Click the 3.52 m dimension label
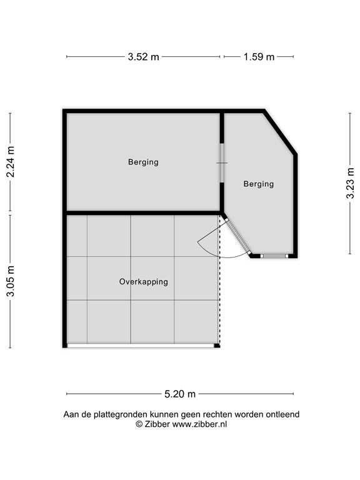point(143,57)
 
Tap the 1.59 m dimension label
point(259,57)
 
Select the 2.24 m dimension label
point(11,162)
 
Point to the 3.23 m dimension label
point(350,183)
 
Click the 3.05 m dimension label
point(11,281)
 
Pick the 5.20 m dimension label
point(180,394)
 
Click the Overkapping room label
point(144,282)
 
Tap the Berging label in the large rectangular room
point(143,162)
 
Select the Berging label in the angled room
point(259,184)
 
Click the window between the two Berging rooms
point(222,163)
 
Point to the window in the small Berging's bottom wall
point(274,256)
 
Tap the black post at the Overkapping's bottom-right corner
point(217,346)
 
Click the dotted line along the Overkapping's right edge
point(219,279)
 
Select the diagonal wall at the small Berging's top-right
point(280,132)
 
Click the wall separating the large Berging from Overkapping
point(144,212)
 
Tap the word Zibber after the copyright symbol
point(157,424)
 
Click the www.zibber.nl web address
point(199,424)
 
